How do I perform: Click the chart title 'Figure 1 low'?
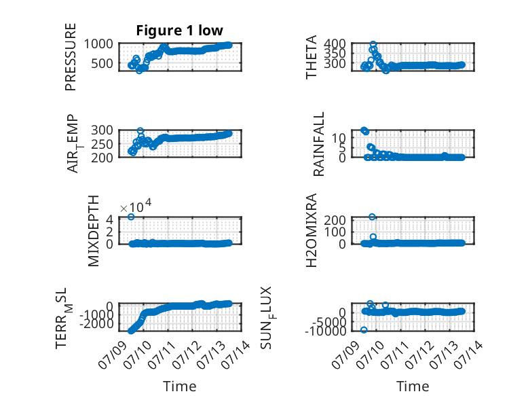coord(179,31)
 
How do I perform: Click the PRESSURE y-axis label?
coord(71,57)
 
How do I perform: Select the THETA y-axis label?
coord(312,57)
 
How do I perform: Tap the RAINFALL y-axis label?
coord(318,144)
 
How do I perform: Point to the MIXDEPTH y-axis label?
coord(94,231)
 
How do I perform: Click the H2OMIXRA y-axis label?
coord(312,230)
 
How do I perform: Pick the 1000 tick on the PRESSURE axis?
coord(98,44)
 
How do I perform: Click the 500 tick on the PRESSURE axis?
coord(102,63)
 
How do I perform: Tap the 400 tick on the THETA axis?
coord(335,43)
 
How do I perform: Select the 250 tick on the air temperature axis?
coord(102,144)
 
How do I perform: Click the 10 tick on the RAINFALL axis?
coord(339,137)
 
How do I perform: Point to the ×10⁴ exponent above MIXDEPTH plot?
coord(136,206)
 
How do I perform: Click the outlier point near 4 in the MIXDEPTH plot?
coord(132,217)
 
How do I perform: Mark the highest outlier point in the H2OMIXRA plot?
coord(372,217)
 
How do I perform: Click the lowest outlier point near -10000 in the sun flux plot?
coord(364,330)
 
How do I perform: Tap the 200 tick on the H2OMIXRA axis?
coord(335,220)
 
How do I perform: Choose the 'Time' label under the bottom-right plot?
coord(413,386)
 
